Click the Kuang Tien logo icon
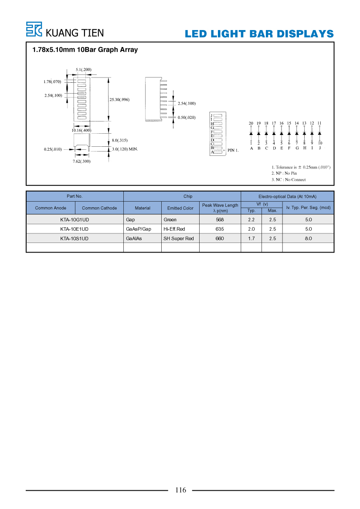[34, 29]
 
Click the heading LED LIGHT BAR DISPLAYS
[259, 34]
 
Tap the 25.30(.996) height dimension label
[119, 100]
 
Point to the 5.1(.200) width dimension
[84, 70]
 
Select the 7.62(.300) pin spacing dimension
[82, 162]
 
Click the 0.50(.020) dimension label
[187, 118]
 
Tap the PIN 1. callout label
[233, 150]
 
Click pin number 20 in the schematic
[251, 123]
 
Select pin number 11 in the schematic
[319, 123]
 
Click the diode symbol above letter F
[289, 133]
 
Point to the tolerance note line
[301, 167]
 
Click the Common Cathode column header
[99, 208]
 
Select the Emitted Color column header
[180, 208]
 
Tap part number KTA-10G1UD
[75, 220]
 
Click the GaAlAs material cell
[134, 239]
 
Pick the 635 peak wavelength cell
[220, 229]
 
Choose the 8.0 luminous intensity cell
[308, 239]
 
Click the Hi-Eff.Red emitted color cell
[174, 229]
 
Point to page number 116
[180, 490]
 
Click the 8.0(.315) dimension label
[119, 140]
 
